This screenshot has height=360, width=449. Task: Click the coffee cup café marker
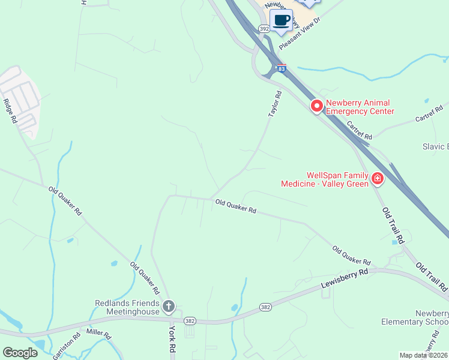click(x=281, y=20)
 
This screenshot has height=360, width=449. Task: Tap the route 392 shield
click(x=264, y=28)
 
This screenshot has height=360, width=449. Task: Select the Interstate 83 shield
click(x=282, y=69)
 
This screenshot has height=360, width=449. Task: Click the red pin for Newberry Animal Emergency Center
click(x=316, y=106)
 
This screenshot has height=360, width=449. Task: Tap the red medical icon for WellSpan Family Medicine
click(x=377, y=178)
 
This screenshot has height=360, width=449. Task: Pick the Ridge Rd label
click(x=10, y=111)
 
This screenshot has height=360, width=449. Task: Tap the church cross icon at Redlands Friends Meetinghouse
click(x=169, y=307)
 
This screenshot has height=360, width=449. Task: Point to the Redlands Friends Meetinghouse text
click(x=128, y=307)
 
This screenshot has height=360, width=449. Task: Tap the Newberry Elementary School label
click(x=415, y=317)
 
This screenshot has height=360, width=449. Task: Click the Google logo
click(x=20, y=353)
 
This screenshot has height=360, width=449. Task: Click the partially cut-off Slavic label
click(x=440, y=146)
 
